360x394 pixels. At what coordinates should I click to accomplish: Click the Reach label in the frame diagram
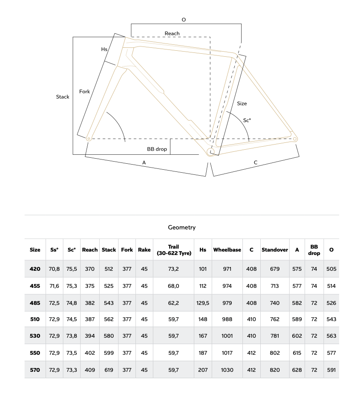click(172, 33)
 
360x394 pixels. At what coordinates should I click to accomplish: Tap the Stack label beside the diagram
click(63, 97)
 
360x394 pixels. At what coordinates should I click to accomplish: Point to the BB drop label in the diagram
click(157, 149)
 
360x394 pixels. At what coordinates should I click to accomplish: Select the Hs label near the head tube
click(104, 49)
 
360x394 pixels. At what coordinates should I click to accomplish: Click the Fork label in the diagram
click(84, 92)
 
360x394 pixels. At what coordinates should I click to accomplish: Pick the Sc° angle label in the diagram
click(247, 121)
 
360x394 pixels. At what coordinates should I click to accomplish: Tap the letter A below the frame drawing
click(144, 162)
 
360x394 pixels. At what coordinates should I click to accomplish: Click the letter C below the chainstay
click(256, 162)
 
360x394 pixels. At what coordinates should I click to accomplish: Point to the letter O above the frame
click(184, 20)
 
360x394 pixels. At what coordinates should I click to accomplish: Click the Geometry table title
click(182, 227)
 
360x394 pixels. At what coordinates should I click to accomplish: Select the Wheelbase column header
click(227, 250)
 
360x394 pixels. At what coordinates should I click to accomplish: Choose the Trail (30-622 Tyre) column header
click(173, 250)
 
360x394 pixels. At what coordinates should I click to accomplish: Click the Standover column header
click(275, 250)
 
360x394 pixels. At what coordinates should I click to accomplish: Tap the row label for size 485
click(35, 303)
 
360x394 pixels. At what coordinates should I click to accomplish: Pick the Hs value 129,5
click(203, 303)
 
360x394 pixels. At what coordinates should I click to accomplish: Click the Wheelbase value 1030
click(227, 370)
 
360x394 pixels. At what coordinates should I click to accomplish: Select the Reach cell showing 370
click(89, 269)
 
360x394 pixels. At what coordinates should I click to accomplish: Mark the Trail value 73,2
click(173, 269)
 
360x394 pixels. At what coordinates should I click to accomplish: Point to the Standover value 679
click(275, 269)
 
